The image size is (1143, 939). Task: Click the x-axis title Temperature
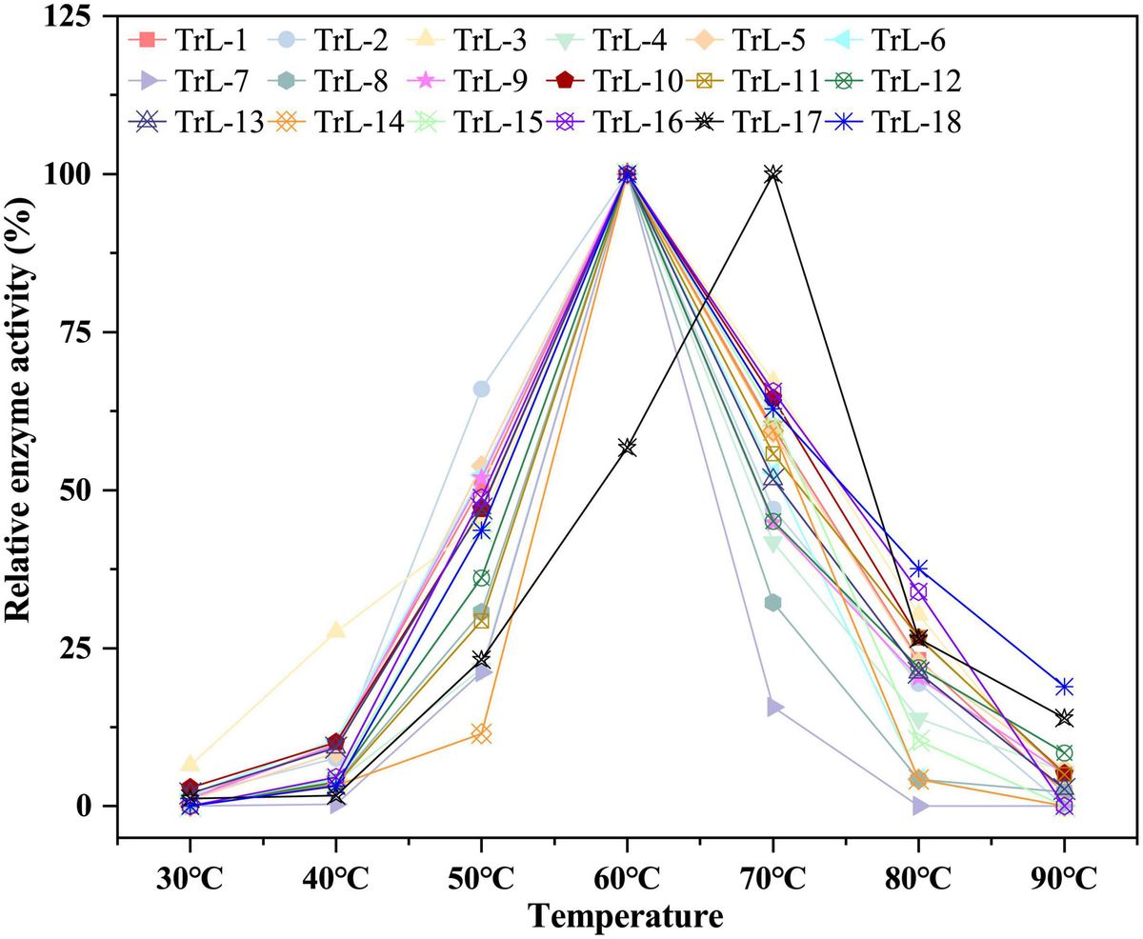[626, 916]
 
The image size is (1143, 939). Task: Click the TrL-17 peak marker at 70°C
[772, 174]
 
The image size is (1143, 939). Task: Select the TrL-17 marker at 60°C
[627, 447]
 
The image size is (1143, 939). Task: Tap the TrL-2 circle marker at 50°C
[481, 389]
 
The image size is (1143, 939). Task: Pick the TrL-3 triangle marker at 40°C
[336, 630]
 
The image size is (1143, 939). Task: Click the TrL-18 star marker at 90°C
[1064, 687]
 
